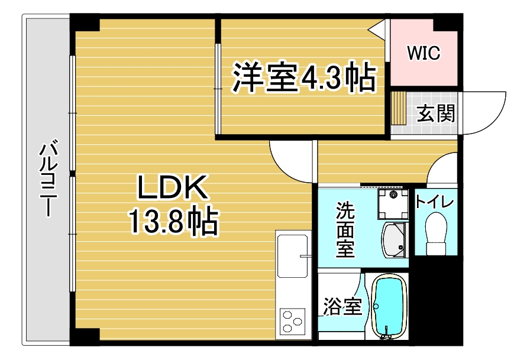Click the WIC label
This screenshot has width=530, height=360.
coord(424,53)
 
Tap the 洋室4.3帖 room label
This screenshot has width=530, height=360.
coord(304,77)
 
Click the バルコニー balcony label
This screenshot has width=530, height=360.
coord(49,180)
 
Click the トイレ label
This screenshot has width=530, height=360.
coord(435,202)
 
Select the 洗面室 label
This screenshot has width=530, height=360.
coord(345,229)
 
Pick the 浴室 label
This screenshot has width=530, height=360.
coord(342,306)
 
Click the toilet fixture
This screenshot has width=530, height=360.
coord(437,233)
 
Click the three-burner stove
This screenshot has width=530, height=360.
coord(292,320)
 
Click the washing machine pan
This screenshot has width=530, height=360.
coord(393,204)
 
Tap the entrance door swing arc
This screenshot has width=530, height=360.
coord(484,113)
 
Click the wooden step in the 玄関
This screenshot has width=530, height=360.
coord(398,108)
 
